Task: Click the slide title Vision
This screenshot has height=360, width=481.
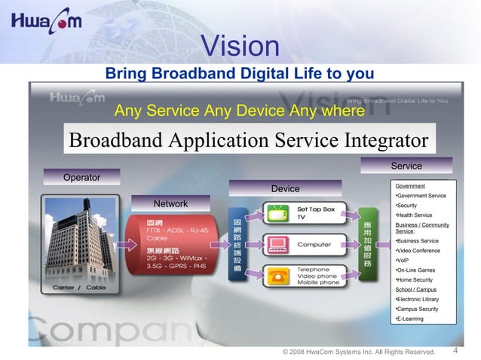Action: click(x=240, y=47)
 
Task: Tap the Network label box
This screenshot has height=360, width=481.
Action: click(x=170, y=204)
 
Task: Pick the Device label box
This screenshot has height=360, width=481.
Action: click(x=285, y=188)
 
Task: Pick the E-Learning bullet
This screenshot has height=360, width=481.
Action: click(x=410, y=319)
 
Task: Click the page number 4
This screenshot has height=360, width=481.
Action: click(x=458, y=350)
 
